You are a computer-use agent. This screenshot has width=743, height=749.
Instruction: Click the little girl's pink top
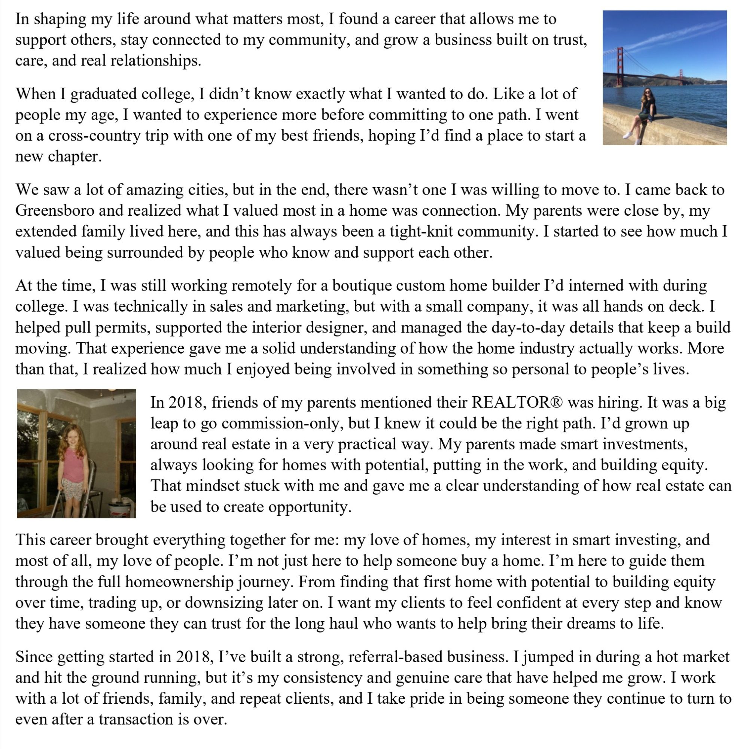click(x=74, y=465)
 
